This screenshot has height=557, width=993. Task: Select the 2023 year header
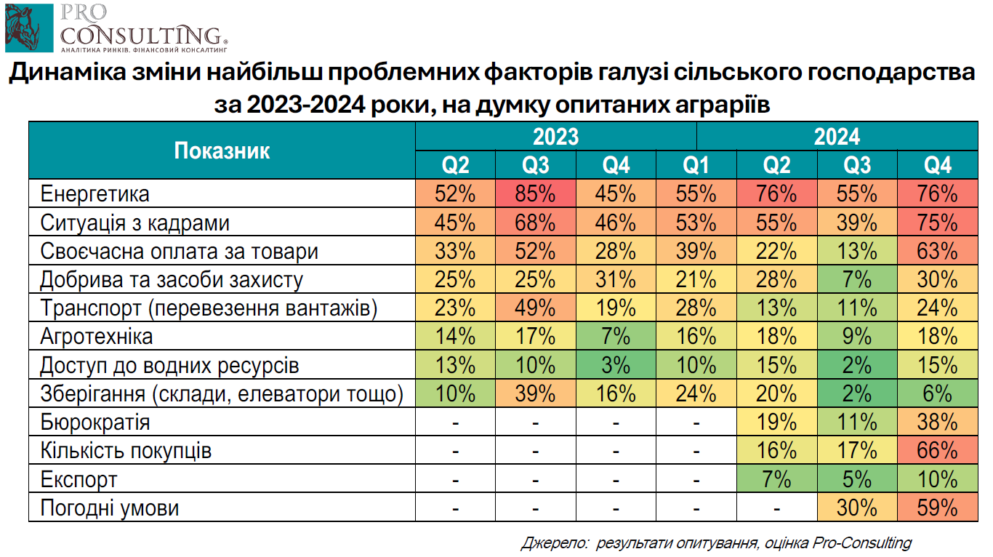(x=556, y=137)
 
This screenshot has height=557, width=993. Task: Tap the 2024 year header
(x=837, y=137)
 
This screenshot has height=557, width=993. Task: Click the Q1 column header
(x=696, y=166)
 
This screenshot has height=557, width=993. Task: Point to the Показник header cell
(x=222, y=151)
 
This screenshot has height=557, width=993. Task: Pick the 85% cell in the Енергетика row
(x=536, y=194)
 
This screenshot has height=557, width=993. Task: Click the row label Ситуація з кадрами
(x=135, y=223)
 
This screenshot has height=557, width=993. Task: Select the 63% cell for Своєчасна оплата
(x=937, y=252)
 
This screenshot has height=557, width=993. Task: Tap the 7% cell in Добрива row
(x=857, y=280)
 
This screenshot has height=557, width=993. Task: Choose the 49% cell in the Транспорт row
(x=536, y=308)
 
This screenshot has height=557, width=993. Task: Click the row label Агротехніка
(x=97, y=337)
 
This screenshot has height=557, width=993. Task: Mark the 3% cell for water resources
(x=616, y=365)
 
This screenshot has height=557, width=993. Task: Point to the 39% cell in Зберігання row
(x=536, y=393)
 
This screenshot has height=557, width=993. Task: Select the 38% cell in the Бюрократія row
(x=937, y=422)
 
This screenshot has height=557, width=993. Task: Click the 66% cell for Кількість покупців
(x=937, y=451)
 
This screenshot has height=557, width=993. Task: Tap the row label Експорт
(x=79, y=479)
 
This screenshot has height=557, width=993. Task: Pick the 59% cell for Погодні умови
(x=937, y=508)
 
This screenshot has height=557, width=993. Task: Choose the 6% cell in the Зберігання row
(x=937, y=393)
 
